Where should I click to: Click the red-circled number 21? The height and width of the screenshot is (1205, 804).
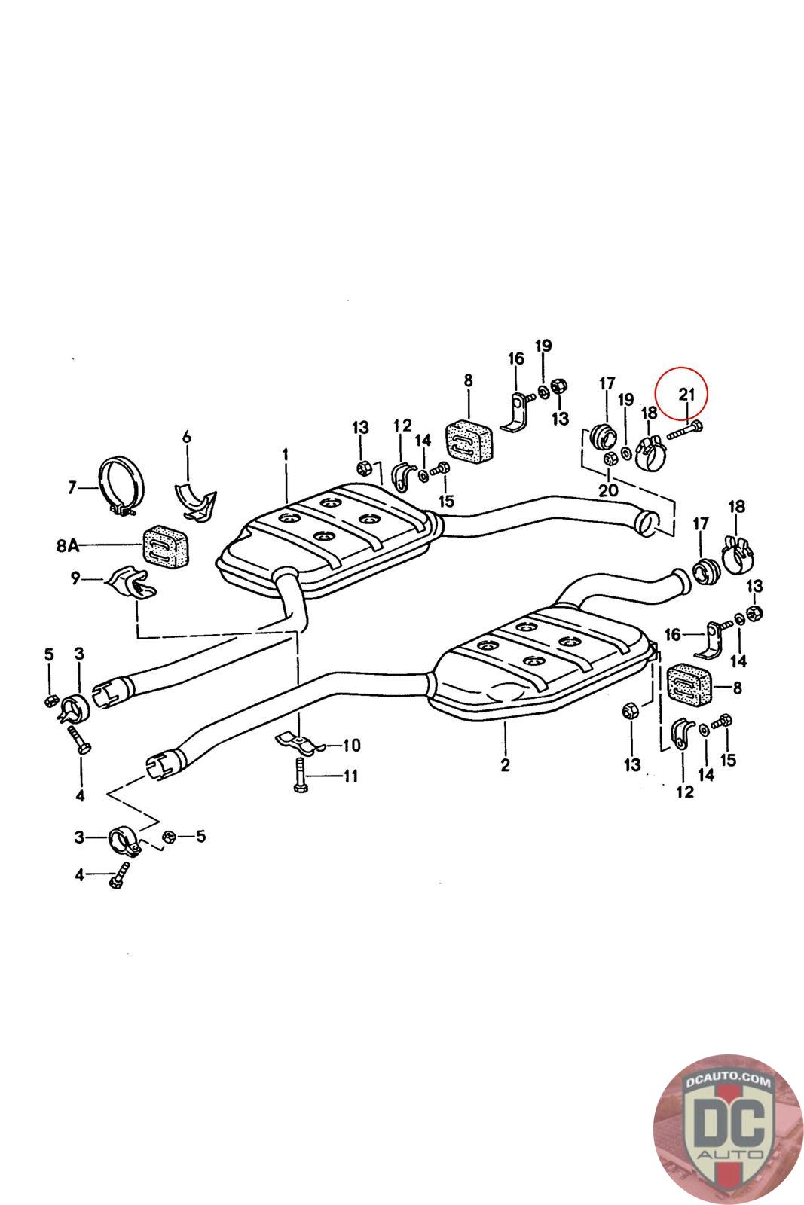[685, 393]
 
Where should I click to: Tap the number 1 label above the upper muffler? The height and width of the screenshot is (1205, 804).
[286, 454]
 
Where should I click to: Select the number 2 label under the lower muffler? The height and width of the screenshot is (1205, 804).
[505, 765]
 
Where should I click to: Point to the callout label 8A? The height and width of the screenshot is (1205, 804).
[67, 545]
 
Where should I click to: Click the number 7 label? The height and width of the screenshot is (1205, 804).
[72, 488]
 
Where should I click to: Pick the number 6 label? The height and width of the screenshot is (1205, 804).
[187, 437]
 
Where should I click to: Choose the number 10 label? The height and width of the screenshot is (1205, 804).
[351, 746]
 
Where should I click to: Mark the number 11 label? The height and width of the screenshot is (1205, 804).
[350, 775]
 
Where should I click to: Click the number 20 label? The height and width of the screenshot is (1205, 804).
[608, 490]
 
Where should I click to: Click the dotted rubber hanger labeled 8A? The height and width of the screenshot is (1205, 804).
[164, 544]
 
